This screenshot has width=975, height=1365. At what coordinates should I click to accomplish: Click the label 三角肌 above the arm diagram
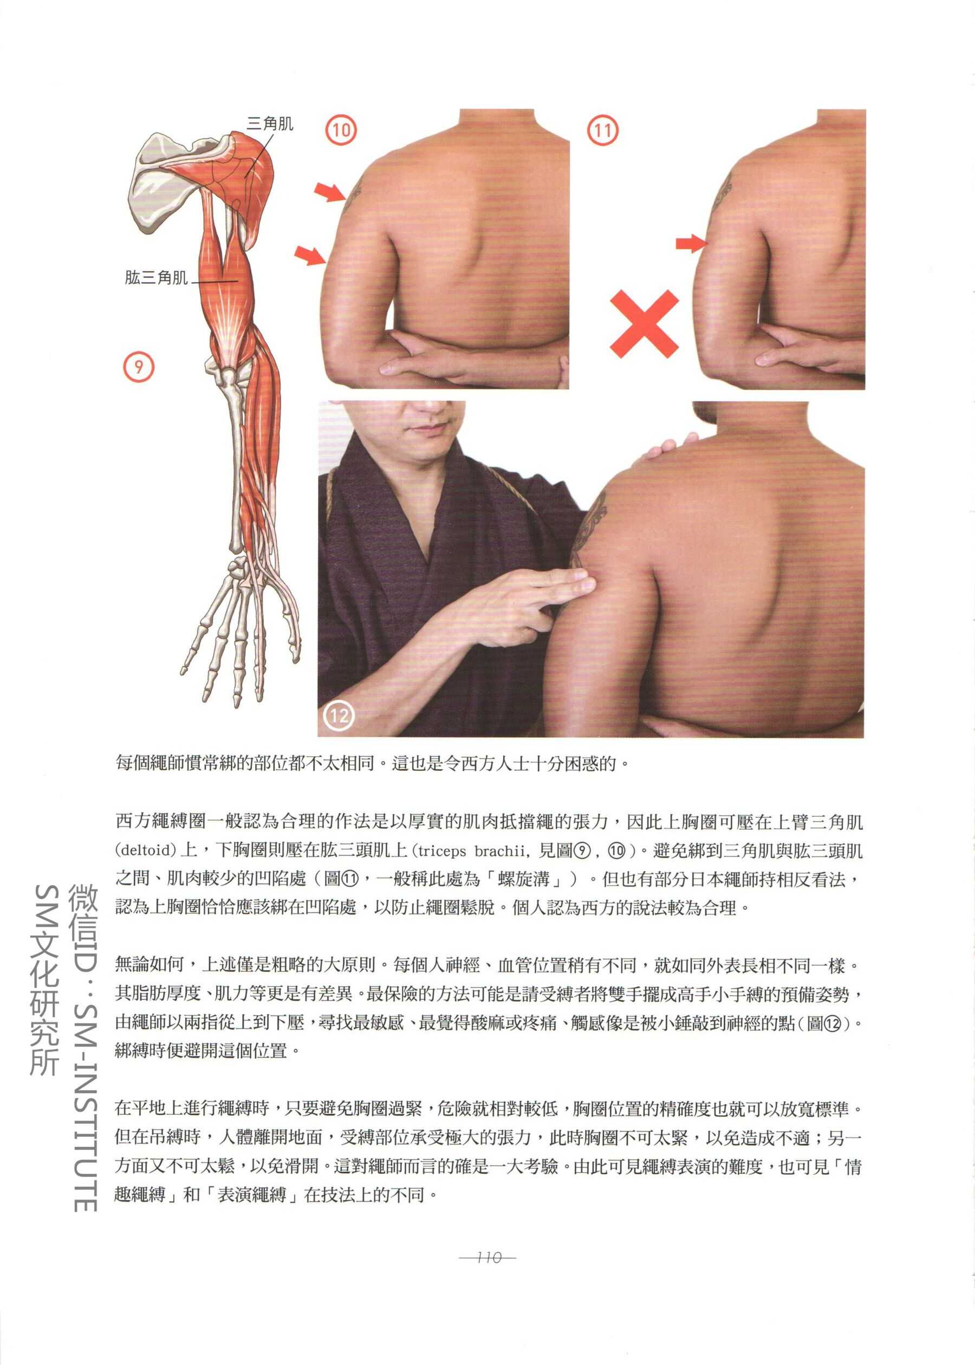[270, 123]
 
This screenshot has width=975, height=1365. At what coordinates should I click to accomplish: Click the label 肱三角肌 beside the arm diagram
[156, 277]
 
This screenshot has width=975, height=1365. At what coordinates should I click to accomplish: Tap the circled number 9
[139, 366]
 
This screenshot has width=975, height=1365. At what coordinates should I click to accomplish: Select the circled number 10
[341, 129]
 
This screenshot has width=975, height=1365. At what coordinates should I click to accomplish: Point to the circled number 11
[603, 130]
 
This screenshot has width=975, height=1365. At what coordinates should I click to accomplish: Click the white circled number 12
[339, 715]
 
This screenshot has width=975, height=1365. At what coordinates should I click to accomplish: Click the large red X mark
[643, 324]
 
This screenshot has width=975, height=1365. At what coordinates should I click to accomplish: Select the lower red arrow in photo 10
[310, 255]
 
